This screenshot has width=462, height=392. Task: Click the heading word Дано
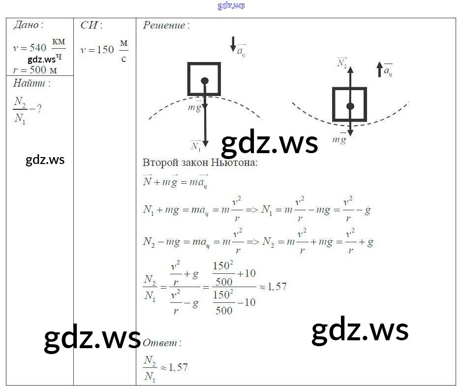tap(27, 25)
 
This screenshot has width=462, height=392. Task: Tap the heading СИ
tap(91, 25)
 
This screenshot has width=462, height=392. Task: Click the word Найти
tap(31, 83)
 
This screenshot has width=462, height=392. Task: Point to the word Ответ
tap(161, 343)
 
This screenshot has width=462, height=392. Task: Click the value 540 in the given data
tap(37, 48)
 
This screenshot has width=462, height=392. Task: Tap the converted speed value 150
tap(104, 50)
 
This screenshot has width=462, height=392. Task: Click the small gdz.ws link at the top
tap(231, 5)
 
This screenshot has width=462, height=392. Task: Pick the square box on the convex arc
tap(204, 79)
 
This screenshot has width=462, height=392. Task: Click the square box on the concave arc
tap(349, 104)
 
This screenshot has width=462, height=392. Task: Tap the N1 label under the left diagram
tap(195, 146)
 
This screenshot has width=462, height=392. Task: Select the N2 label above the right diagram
tap(342, 63)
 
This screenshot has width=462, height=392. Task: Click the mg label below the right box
tap(339, 139)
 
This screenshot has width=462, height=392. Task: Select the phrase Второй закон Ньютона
tap(200, 163)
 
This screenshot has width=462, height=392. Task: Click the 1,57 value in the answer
tap(177, 367)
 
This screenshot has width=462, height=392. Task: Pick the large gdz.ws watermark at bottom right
tap(360, 330)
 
